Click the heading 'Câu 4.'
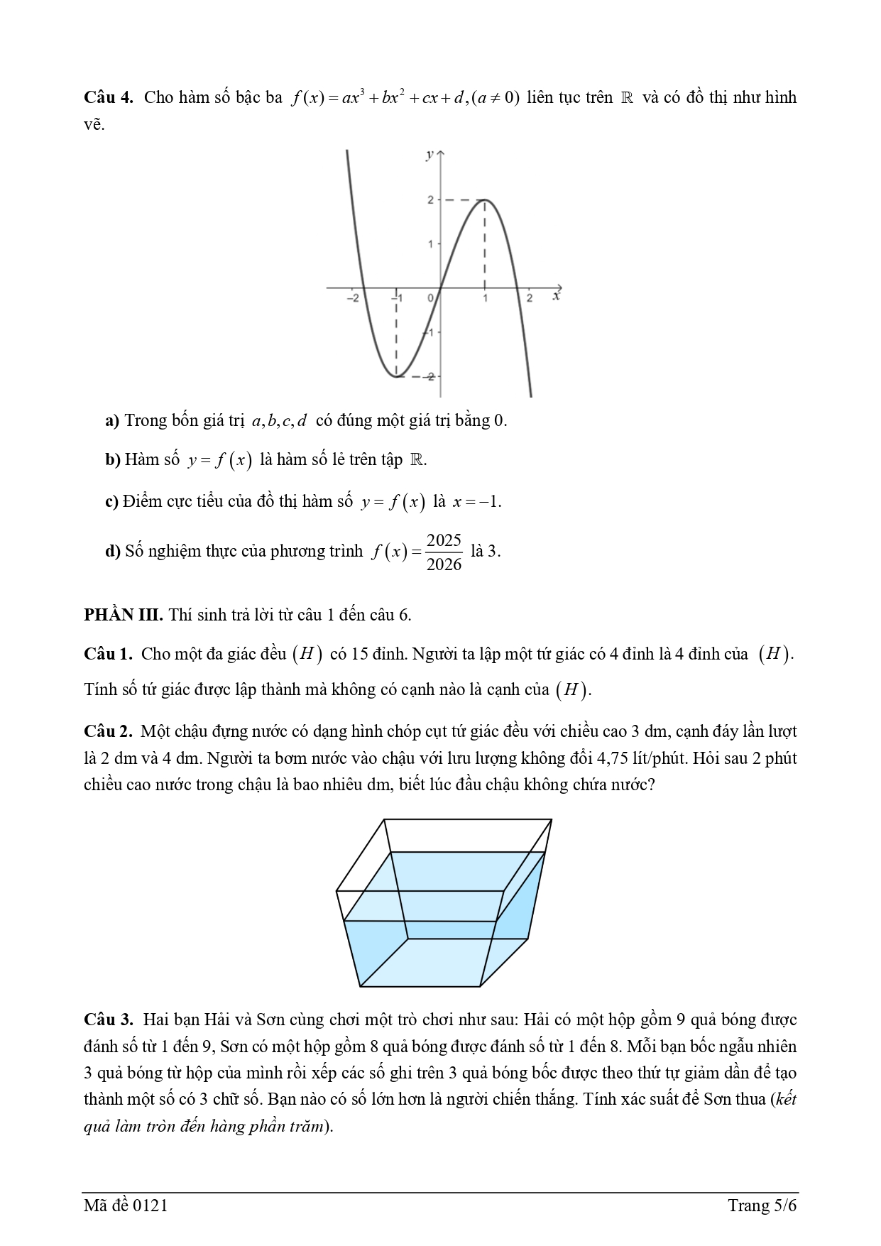coord(109,97)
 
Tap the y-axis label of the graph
coord(429,155)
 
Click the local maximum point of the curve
coord(485,200)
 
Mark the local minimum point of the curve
coord(397,376)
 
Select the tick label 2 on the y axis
coord(429,200)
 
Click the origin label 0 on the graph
coord(430,299)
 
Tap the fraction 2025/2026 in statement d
coord(444,552)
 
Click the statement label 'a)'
coord(112,421)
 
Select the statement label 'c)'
coord(111,502)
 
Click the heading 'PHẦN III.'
coord(124,615)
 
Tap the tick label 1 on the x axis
coord(486,299)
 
